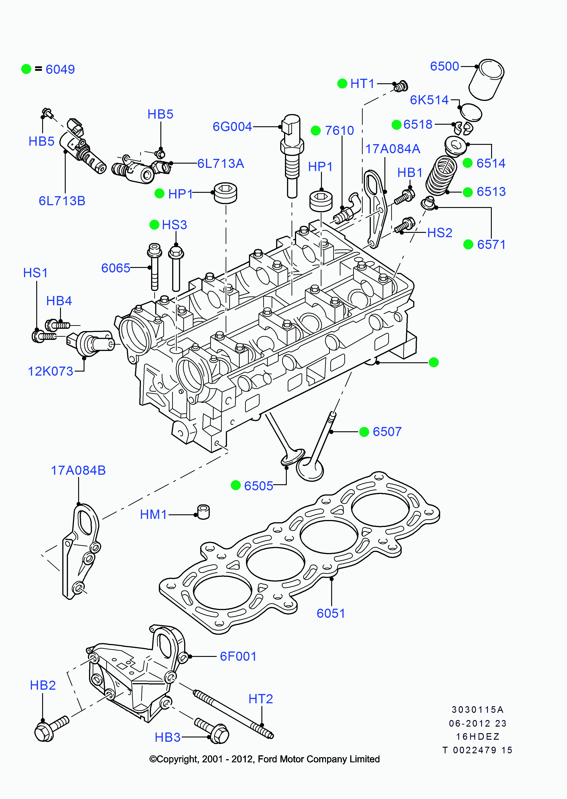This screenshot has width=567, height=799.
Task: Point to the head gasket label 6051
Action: [331, 613]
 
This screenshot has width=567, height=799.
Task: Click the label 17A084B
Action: [78, 470]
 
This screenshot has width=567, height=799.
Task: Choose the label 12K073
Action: [51, 371]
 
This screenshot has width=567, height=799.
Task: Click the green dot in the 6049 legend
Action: [26, 69]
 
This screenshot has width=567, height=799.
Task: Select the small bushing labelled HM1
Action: [204, 512]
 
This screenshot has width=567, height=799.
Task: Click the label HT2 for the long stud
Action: [261, 699]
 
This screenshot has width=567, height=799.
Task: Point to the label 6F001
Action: [238, 656]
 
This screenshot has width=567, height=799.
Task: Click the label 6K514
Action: [429, 100]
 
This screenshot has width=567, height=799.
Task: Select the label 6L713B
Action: [62, 201]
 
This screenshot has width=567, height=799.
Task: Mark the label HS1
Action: [35, 273]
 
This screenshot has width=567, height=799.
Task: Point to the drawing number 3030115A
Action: [477, 710]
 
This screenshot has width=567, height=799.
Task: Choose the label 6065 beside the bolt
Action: [116, 268]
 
